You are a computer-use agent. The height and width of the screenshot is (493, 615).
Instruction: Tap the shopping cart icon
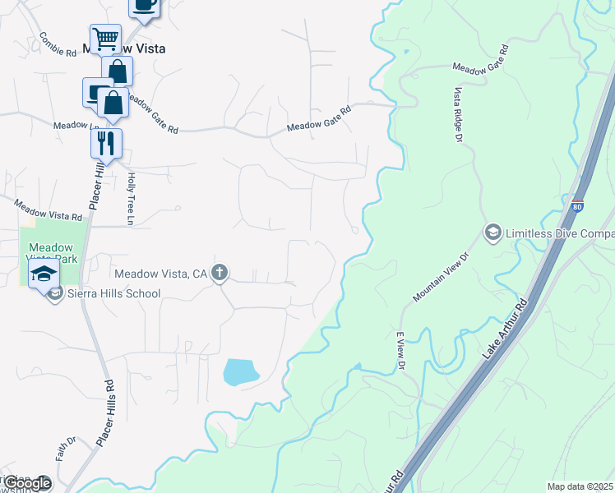click(x=105, y=38)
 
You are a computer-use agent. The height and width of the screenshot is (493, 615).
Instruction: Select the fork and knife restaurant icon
click(x=106, y=143)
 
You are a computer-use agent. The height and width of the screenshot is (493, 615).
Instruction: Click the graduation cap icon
click(x=44, y=274)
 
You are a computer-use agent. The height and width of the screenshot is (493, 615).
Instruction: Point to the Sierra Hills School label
click(x=103, y=293)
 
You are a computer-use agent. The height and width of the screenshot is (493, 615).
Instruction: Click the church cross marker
click(x=219, y=273)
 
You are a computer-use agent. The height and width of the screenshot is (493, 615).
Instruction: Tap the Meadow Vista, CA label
click(x=161, y=273)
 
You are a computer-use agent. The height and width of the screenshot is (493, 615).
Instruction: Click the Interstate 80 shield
click(x=578, y=205)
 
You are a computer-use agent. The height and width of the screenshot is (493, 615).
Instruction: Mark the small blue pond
click(x=240, y=372)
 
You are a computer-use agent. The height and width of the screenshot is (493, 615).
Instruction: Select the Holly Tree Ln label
click(x=130, y=198)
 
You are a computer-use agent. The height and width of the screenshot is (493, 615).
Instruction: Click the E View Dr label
click(x=401, y=348)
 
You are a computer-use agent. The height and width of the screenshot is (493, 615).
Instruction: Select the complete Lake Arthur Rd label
click(x=503, y=329)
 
